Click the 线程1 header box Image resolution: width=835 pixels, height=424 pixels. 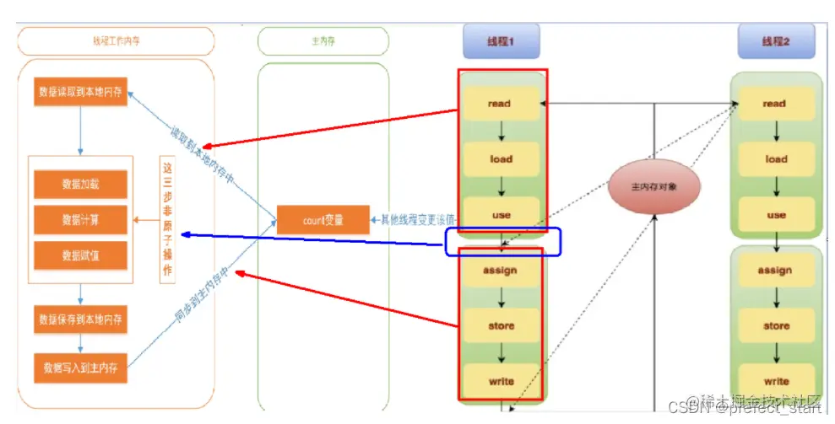501,40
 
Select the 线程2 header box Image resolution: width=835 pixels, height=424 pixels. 775,40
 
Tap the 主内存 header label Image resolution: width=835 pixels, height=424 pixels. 323,40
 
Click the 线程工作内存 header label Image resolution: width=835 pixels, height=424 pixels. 116,40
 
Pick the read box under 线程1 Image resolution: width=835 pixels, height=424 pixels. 500,104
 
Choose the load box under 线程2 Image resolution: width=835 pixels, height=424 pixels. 776,158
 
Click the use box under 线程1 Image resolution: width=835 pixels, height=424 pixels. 501,215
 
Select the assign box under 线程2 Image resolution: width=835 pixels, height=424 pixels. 775,271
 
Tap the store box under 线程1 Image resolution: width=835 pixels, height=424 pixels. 501,325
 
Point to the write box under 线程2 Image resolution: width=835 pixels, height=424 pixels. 776,381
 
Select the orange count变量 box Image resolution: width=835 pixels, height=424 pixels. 323,220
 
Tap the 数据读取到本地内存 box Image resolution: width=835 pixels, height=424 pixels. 81,92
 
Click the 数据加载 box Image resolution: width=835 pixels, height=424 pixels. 80,184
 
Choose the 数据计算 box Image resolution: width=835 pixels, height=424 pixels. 80,219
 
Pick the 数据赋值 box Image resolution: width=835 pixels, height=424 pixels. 80,255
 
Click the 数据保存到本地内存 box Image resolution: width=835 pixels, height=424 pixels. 81,319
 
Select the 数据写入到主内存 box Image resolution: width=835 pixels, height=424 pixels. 81,367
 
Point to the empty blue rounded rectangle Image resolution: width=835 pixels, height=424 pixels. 503,240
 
